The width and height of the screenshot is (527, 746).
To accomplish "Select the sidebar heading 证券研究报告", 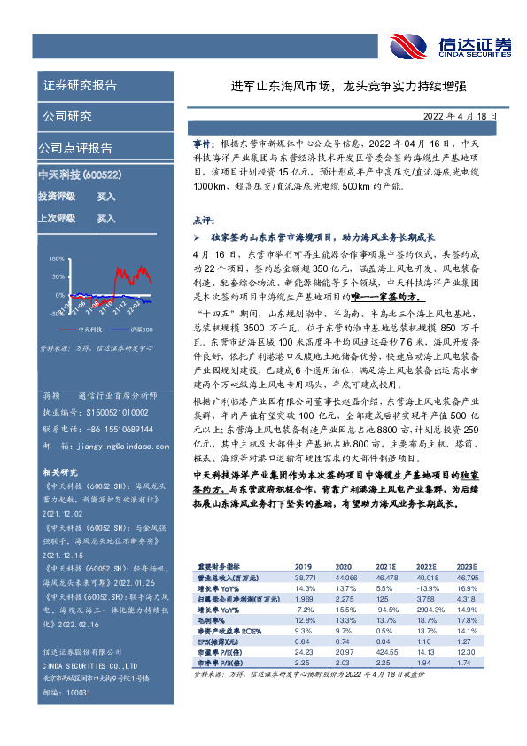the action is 80,85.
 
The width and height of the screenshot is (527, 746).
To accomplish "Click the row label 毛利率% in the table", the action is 210,621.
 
